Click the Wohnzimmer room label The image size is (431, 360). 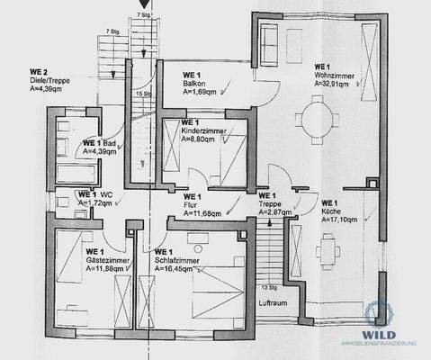tap(333, 74)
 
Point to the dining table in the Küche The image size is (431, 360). tap(327, 245)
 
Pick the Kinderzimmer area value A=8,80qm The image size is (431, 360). tap(203, 139)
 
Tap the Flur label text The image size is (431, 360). tap(190, 205)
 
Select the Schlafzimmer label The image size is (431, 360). tap(175, 259)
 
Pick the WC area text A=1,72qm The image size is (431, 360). tap(94, 204)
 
